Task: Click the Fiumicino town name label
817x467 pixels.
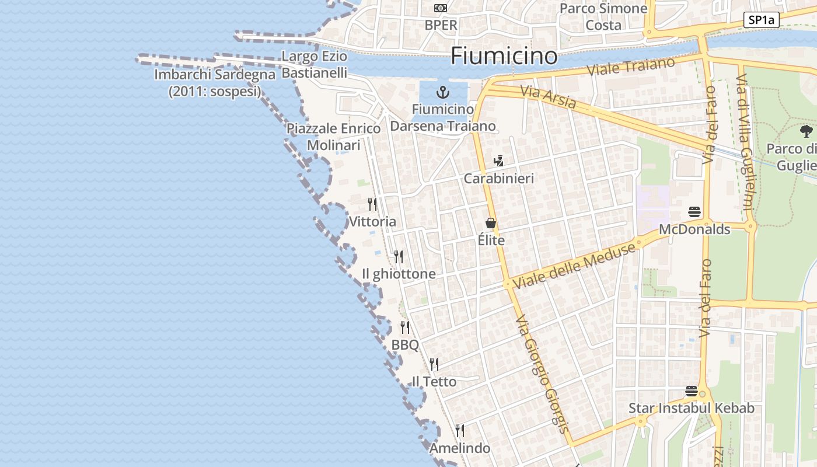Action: point(504,56)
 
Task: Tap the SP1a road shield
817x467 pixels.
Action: point(762,20)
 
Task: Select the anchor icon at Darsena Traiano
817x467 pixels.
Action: point(443,92)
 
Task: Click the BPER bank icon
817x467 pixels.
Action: point(441,8)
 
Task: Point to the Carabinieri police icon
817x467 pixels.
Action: point(498,161)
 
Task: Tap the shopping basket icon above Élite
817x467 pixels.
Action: point(490,223)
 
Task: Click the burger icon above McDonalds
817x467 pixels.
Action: point(694,211)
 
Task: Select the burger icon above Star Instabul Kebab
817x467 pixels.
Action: point(692,391)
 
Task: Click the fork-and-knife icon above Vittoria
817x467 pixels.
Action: point(372,204)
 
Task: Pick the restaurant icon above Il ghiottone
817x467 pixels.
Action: point(399,257)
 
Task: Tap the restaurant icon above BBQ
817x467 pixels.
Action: point(405,327)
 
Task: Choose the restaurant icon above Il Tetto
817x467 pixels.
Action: point(434,364)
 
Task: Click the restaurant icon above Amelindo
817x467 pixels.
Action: point(460,431)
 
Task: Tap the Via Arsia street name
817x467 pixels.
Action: point(549,97)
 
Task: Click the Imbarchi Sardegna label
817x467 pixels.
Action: point(215,83)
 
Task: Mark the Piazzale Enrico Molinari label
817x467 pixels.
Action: point(333,137)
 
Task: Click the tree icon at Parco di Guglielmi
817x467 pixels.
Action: point(806,131)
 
